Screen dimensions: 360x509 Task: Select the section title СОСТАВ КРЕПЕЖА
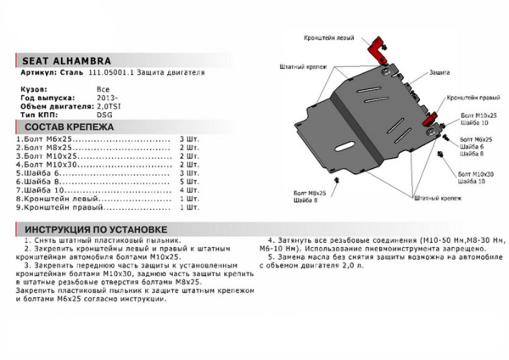coord(63,126)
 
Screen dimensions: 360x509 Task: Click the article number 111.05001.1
coord(104,74)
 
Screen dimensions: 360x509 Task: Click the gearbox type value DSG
coord(103,115)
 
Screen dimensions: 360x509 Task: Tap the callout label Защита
coord(439,73)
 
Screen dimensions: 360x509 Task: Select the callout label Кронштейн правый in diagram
coord(472,98)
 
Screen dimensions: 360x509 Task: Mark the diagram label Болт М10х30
coord(474,173)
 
